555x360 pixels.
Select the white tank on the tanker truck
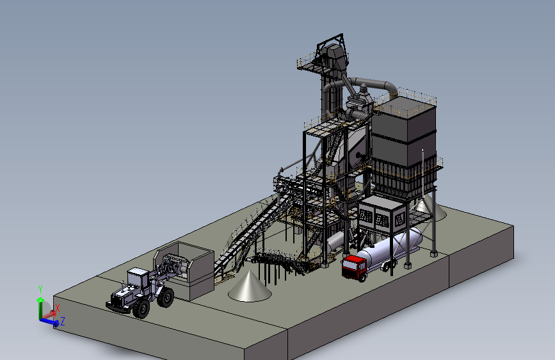[389, 248]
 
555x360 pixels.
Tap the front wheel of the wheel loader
[141, 309]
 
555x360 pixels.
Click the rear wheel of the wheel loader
[166, 297]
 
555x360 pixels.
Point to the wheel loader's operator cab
[138, 278]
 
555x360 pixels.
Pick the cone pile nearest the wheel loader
[250, 286]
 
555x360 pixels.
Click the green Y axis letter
[40, 290]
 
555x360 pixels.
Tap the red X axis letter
[58, 308]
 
